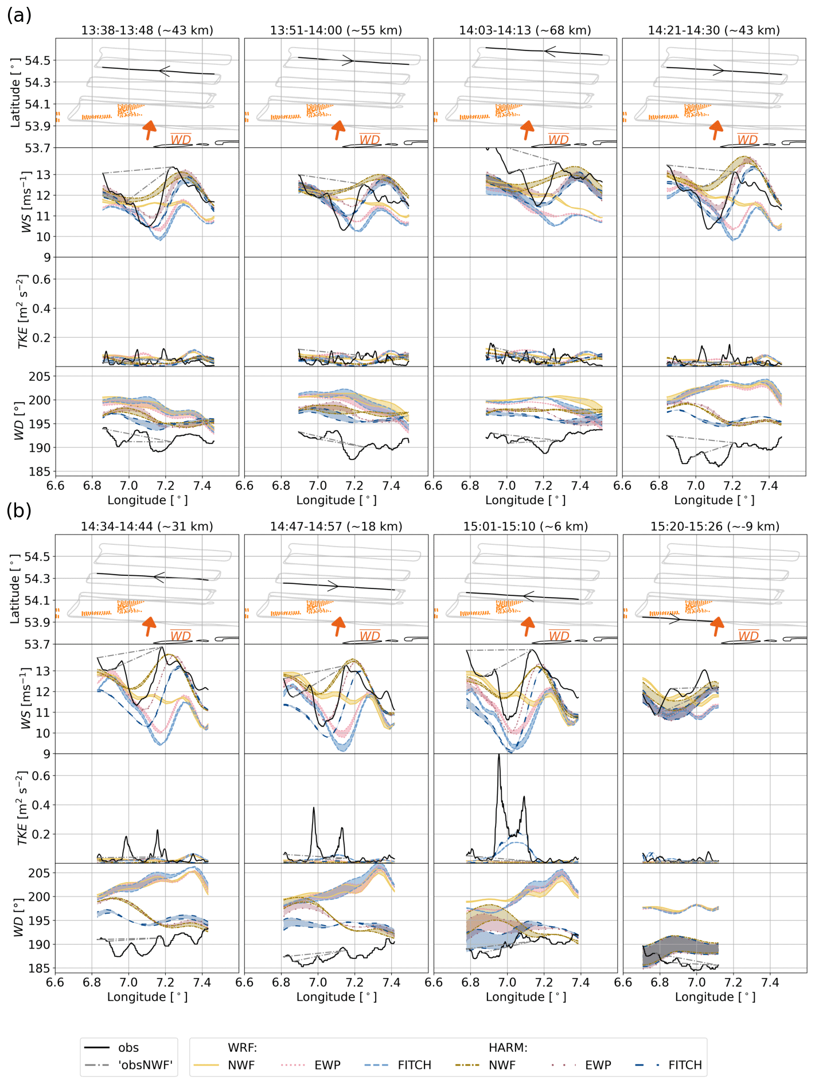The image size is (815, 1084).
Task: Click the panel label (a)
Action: coord(18,15)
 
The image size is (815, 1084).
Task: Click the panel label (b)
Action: coord(18,510)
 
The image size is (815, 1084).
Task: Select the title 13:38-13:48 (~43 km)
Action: coord(147,30)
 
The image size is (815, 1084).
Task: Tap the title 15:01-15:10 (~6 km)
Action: coord(525,527)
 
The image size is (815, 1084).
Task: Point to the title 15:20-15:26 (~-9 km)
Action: coord(715,527)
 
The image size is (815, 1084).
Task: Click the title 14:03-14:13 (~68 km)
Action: coord(525,30)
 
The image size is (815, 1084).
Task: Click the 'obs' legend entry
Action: coord(128,1047)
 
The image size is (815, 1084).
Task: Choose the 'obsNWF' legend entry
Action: coord(145,1065)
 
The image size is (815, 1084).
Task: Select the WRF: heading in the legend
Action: coord(242,1047)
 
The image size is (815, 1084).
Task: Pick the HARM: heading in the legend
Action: coord(508,1047)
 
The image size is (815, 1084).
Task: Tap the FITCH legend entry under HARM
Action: coord(685,1065)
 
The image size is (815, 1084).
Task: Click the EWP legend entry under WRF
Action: coord(327,1065)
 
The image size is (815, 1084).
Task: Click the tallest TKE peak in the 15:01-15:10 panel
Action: coord(498,755)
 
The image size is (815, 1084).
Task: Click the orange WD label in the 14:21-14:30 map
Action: coord(747,139)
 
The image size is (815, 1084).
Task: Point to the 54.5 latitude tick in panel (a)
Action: coord(37,60)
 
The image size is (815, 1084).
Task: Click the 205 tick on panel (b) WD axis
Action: coord(39,873)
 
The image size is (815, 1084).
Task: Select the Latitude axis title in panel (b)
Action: coord(15,588)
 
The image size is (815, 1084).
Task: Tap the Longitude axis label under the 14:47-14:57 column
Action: coord(336,997)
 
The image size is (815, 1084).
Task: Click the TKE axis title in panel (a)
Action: coord(22,311)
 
